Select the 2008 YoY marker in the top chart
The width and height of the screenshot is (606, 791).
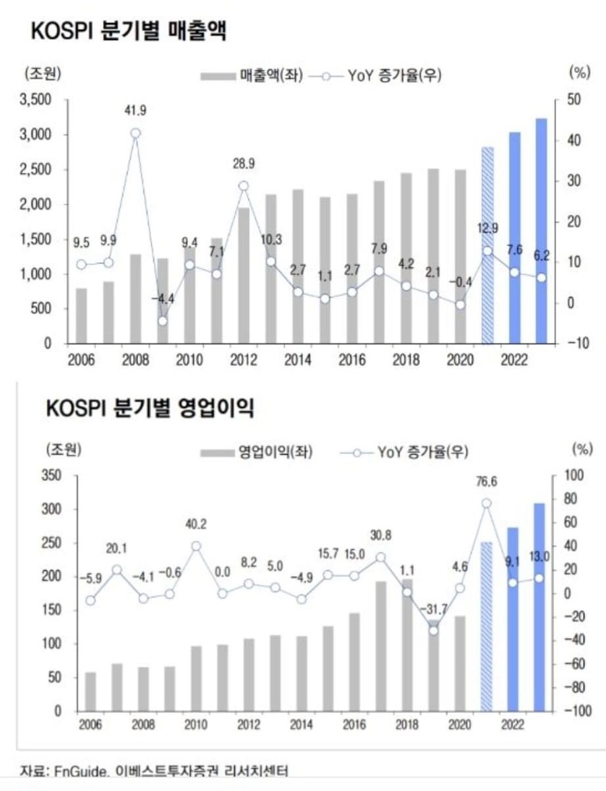pyautogui.click(x=135, y=133)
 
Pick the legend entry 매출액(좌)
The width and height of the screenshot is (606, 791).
pyautogui.click(x=252, y=75)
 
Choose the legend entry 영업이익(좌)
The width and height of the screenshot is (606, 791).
pyautogui.click(x=257, y=451)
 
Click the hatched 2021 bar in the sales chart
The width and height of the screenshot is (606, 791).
pyautogui.click(x=487, y=245)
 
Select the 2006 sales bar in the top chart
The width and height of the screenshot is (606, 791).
pyautogui.click(x=81, y=315)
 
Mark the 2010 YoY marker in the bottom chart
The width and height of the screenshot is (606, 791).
pyautogui.click(x=196, y=546)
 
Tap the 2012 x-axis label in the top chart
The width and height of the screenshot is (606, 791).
pyautogui.click(x=242, y=358)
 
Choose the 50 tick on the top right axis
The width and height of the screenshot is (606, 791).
pyautogui.click(x=565, y=100)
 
